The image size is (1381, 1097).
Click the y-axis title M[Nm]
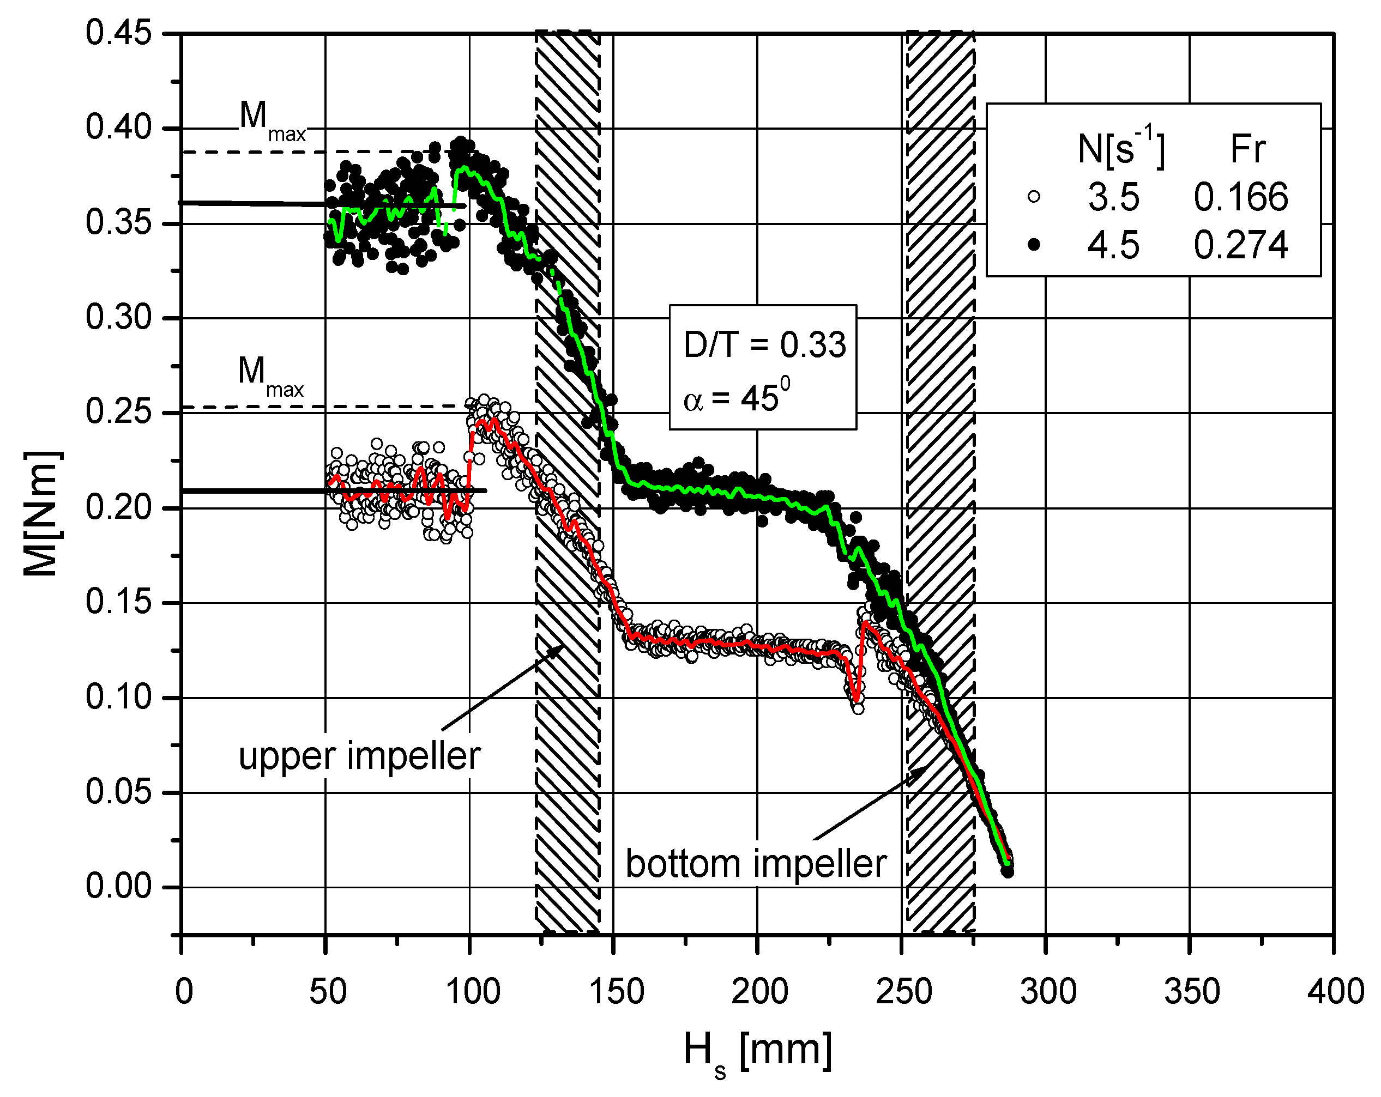(x=43, y=512)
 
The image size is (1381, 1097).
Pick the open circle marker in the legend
(x=1033, y=197)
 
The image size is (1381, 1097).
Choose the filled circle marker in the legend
(x=1033, y=245)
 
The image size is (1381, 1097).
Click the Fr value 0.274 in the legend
(x=1241, y=245)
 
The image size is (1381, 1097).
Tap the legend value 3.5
(x=1113, y=197)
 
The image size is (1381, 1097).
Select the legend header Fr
(x=1248, y=149)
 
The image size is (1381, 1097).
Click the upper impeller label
(x=359, y=756)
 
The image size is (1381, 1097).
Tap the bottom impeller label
(x=756, y=864)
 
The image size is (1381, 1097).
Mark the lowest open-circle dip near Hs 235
(x=858, y=708)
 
